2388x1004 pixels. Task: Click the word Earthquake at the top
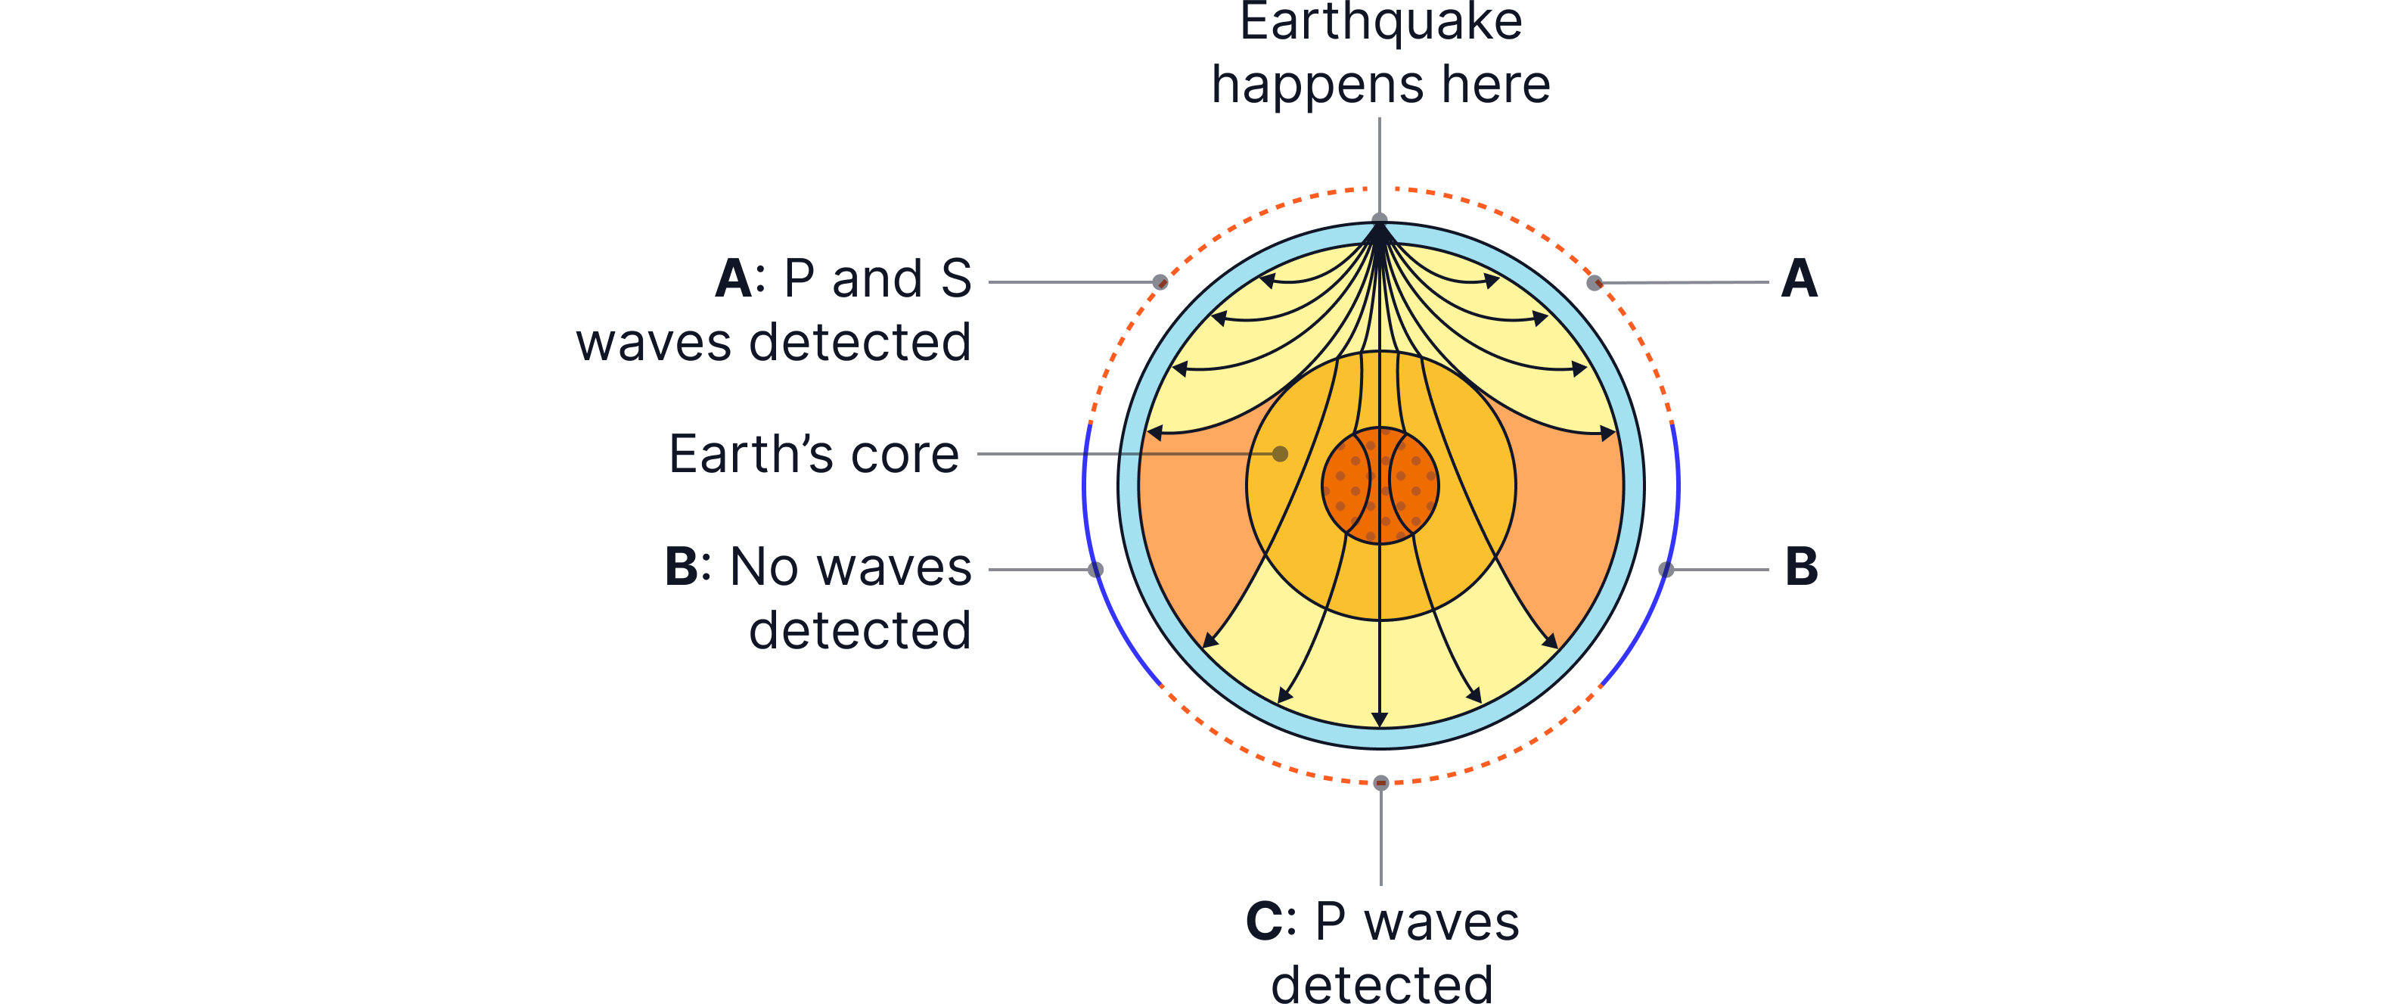coord(1380,22)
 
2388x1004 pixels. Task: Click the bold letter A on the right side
coord(1800,279)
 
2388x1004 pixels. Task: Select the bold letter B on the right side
coord(1801,567)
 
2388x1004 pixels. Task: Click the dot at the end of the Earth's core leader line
coord(1280,453)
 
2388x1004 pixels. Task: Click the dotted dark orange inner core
coord(1380,485)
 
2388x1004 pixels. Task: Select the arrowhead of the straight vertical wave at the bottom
coord(1380,720)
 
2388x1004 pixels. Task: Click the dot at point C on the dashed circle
coord(1380,782)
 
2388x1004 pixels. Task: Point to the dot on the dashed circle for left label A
coord(1160,281)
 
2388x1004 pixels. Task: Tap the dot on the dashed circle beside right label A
coord(1594,281)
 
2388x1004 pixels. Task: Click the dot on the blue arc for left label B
coord(1096,568)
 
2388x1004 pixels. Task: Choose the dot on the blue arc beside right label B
coord(1666,568)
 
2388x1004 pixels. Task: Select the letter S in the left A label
coord(956,279)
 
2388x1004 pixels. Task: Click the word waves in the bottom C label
coord(1442,922)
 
